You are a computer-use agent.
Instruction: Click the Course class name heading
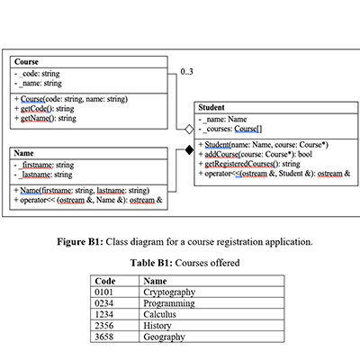coord(26,62)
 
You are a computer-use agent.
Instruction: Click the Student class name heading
coord(212,105)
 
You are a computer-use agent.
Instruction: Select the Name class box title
coord(24,154)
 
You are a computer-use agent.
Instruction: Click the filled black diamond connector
coord(189,151)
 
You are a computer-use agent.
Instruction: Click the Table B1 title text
coord(179,262)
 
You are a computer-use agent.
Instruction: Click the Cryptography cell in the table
coord(172,292)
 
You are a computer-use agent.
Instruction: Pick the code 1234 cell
coord(105,315)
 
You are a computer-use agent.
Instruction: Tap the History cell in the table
coord(158,326)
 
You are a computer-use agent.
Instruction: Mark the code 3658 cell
coord(105,337)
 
